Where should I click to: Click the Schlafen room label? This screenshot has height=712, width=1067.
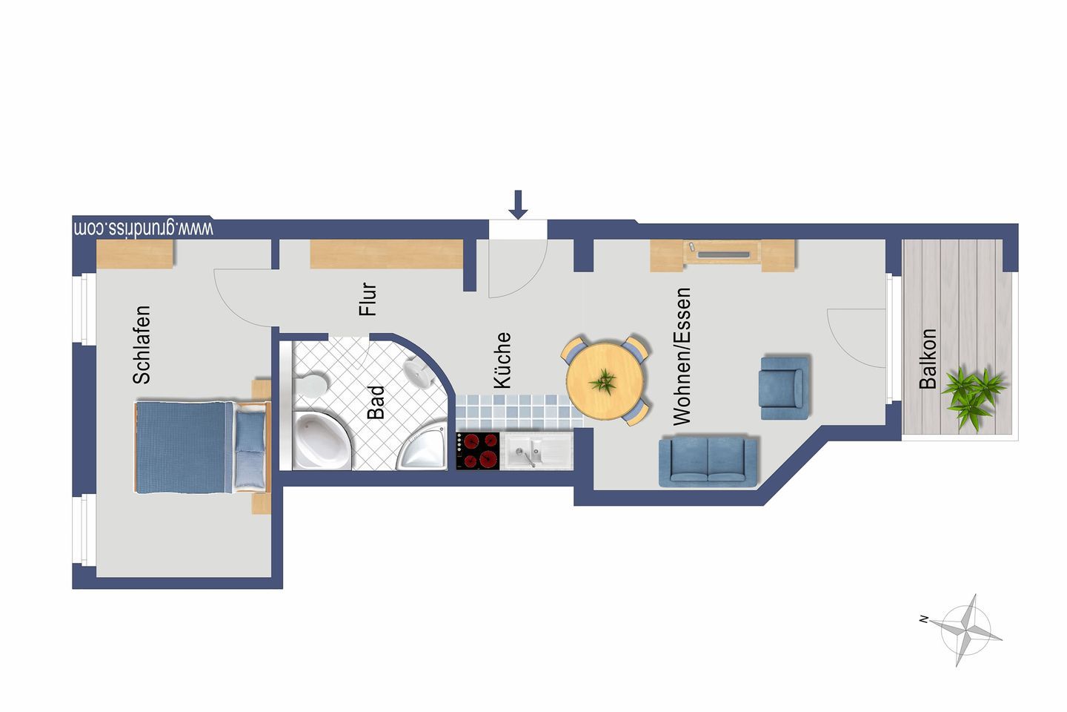pos(142,345)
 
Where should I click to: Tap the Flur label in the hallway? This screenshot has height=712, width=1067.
pos(368,299)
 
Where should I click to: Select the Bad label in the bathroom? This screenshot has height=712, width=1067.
pos(376,403)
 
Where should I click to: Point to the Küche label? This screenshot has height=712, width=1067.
pos(502,360)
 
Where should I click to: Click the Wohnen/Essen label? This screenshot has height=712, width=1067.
pos(682,356)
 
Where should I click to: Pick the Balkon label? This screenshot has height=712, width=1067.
pos(928,359)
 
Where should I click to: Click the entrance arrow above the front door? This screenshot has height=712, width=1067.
pos(518,205)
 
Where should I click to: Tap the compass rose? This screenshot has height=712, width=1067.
pos(965,630)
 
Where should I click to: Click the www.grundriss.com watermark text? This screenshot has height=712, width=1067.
pos(144,228)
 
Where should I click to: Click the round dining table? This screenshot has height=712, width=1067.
pos(605,380)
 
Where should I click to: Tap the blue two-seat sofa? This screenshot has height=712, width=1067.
pos(708,461)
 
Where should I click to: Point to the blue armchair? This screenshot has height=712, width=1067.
pos(785,388)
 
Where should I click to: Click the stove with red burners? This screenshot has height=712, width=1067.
pos(478,451)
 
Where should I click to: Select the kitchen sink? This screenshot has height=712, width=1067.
pos(536,451)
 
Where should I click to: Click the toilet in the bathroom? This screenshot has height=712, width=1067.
pos(312,386)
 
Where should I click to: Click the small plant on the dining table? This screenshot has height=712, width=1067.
pos(603,381)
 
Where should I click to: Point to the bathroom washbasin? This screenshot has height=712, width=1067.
pos(417,372)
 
